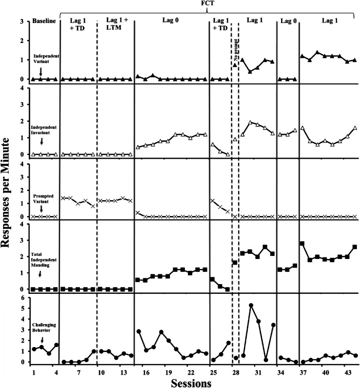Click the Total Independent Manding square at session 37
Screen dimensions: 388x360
(302, 244)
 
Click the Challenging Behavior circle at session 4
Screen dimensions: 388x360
(56, 345)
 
